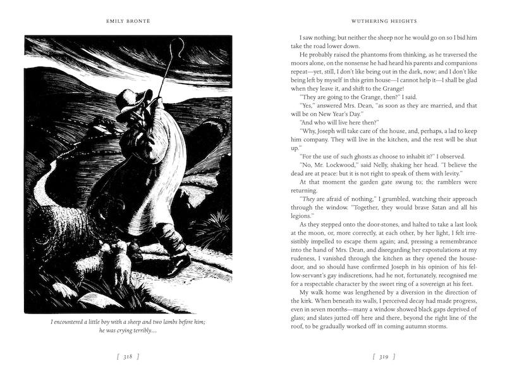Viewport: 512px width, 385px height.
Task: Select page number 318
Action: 128,357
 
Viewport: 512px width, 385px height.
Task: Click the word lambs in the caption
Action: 166,322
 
